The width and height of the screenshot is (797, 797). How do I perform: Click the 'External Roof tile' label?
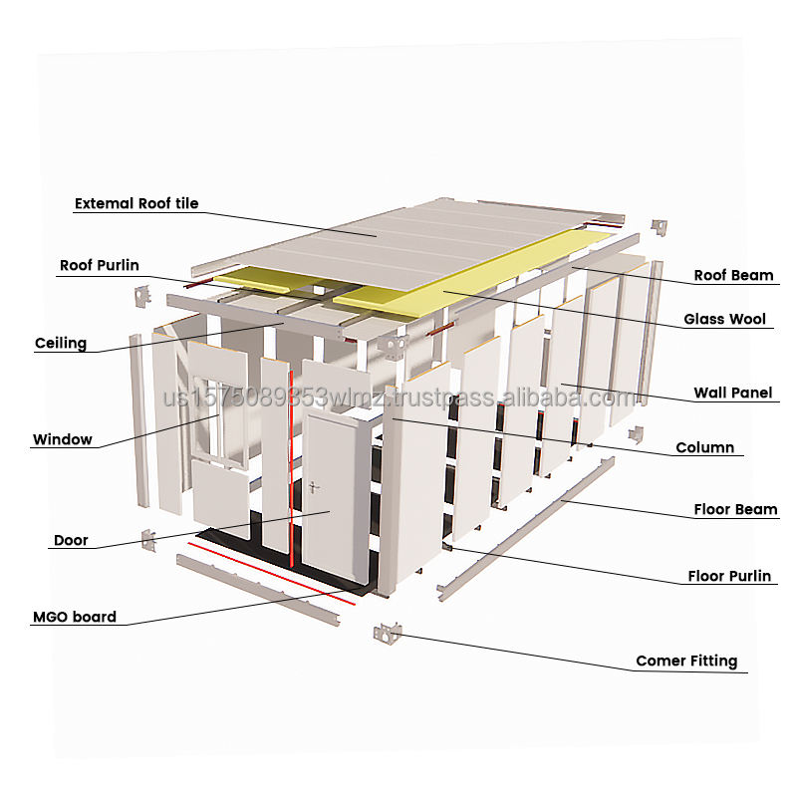[136, 204]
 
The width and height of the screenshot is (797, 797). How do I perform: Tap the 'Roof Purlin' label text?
[100, 266]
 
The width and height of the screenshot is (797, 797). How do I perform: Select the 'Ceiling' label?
[61, 344]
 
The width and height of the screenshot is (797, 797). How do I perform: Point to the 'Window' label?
[63, 439]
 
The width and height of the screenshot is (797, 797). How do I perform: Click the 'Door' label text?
[71, 541]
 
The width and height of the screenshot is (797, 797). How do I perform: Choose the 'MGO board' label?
[74, 617]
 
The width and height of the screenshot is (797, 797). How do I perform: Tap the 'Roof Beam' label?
[733, 275]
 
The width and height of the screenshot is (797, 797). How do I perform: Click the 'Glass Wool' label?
[724, 320]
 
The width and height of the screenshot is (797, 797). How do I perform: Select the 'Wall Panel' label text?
[733, 394]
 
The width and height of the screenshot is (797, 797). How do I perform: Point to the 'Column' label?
[704, 448]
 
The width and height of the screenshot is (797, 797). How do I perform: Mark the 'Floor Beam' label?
[735, 510]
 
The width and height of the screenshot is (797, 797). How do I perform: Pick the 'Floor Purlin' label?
[729, 576]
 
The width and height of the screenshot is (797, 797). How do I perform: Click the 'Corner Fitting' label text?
[686, 661]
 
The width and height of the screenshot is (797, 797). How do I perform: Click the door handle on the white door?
[315, 488]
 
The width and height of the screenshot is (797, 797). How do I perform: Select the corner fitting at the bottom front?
[387, 633]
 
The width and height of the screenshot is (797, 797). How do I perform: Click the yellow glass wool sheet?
[468, 274]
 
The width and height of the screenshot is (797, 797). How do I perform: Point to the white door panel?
[334, 498]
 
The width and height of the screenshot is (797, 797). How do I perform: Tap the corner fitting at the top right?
[659, 228]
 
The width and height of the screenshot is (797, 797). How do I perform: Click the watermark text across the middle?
[398, 398]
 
